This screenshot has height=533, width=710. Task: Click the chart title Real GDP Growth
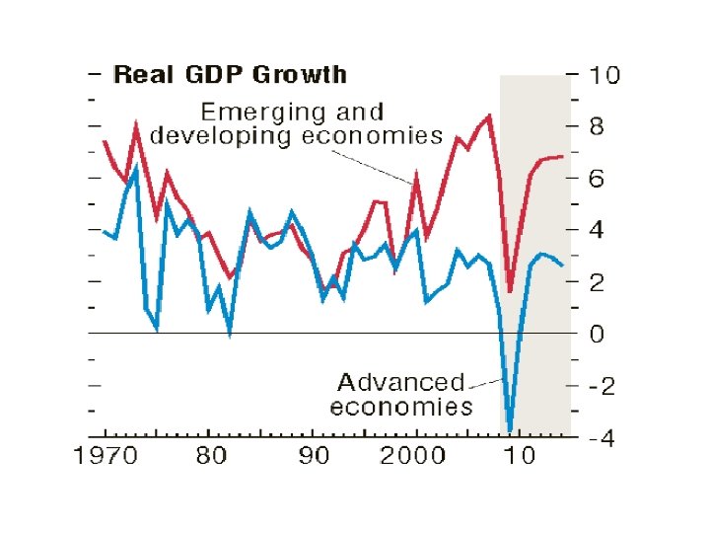click(x=230, y=75)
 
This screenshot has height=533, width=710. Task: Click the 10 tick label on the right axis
click(x=604, y=75)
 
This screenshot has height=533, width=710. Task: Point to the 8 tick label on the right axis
click(x=598, y=127)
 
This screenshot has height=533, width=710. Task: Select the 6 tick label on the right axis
click(x=598, y=180)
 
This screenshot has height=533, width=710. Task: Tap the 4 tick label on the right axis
click(x=598, y=231)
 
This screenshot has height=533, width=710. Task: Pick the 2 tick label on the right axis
click(x=598, y=283)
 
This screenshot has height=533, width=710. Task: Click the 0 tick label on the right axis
click(x=598, y=335)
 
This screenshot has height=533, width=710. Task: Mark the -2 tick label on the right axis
click(x=601, y=387)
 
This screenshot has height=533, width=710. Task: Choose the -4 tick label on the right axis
click(x=601, y=439)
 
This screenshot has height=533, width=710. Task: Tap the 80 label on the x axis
click(x=210, y=456)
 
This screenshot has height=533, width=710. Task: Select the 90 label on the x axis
click(x=314, y=456)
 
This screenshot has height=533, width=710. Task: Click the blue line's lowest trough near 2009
click(x=510, y=429)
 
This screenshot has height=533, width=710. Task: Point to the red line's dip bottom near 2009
click(x=510, y=291)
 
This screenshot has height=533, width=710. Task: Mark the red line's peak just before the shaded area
click(x=489, y=116)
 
